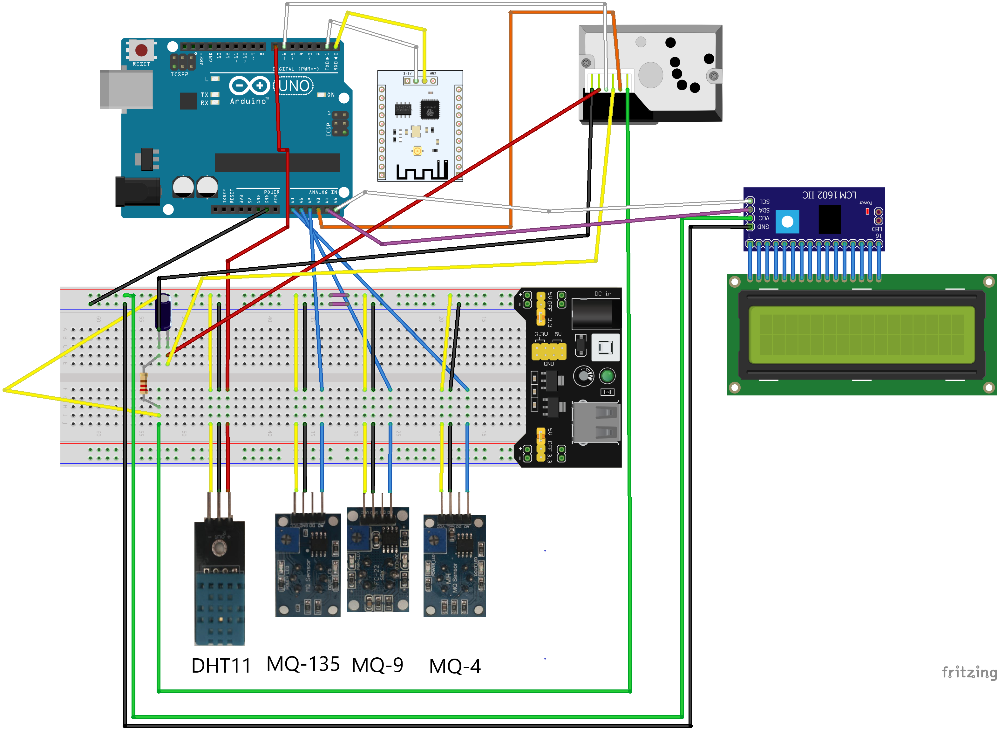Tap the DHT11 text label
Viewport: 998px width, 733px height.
tap(221, 666)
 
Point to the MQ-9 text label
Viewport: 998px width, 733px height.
tap(377, 665)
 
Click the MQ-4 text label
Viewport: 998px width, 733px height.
tap(455, 666)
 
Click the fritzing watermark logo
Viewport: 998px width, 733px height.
tap(969, 672)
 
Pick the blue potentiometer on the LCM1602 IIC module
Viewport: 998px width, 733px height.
tap(787, 222)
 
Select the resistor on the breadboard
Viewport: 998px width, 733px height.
tap(143, 383)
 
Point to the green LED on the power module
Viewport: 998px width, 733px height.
tap(607, 376)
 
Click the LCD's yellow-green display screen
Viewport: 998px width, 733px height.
tap(861, 334)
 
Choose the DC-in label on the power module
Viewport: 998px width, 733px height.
tap(602, 294)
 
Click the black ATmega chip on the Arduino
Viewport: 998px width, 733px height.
tap(277, 162)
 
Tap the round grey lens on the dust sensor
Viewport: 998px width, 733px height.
tap(650, 75)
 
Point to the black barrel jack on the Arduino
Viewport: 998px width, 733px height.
tap(138, 191)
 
